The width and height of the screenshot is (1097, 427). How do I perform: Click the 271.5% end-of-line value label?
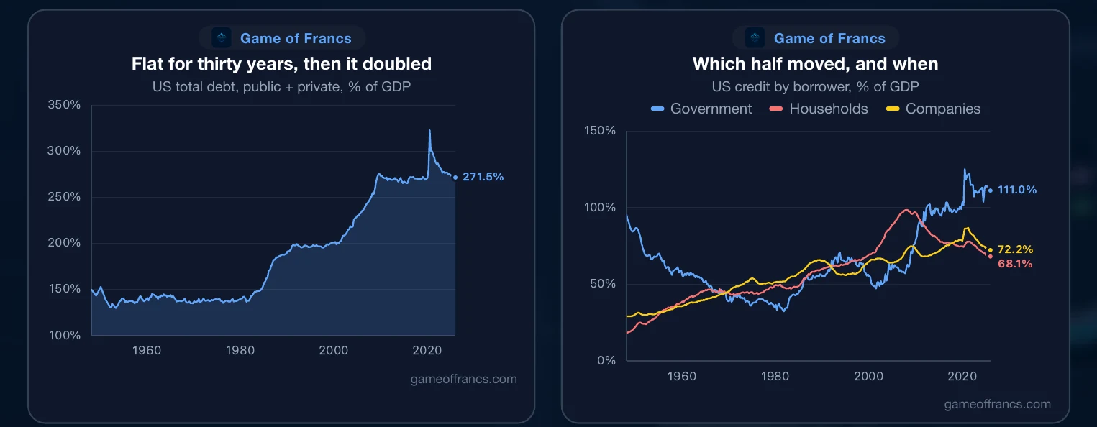click(483, 177)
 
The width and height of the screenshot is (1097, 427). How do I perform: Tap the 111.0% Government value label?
click(1017, 190)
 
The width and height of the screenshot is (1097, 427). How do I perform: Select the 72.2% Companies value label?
click(1015, 249)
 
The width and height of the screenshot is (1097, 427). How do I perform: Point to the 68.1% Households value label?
click(1015, 263)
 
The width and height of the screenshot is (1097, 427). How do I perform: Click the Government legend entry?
click(701, 109)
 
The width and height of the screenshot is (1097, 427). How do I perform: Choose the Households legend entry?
click(819, 109)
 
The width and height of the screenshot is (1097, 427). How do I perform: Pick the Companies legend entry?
click(934, 109)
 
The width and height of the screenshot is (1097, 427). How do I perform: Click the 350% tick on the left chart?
click(64, 104)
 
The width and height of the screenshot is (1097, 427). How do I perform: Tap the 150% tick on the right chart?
click(600, 130)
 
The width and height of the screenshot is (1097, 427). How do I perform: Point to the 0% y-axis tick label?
click(606, 360)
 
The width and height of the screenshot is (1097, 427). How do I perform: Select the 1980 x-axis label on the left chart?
click(240, 350)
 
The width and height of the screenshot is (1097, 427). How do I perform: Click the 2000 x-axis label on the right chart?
click(869, 376)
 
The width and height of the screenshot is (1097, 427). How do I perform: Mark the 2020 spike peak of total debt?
click(429, 130)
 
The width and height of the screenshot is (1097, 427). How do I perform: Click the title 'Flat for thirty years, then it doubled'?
click(281, 64)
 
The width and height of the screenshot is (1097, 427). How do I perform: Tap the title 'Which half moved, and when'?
click(816, 64)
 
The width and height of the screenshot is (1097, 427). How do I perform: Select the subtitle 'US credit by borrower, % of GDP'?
click(816, 87)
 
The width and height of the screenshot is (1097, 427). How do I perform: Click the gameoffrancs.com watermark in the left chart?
click(464, 379)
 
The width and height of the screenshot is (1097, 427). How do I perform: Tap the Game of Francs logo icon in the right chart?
click(755, 37)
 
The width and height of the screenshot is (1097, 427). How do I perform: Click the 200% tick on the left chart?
click(64, 242)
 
